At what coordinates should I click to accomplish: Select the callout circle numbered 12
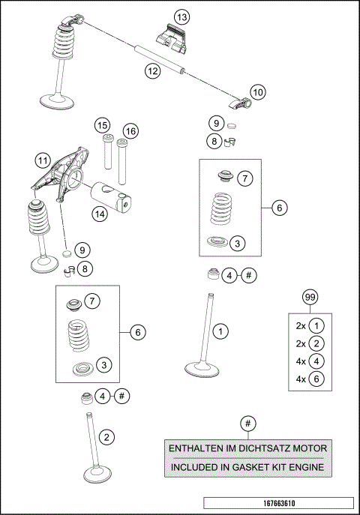[x=152, y=71]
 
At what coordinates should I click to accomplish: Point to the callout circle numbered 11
[x=43, y=160]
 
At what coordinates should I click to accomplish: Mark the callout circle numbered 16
[x=130, y=131]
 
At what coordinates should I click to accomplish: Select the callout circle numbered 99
[x=309, y=298]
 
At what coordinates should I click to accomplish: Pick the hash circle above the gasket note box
[x=247, y=424]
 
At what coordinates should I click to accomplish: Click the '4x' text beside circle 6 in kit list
[x=301, y=379]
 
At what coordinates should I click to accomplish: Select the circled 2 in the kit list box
[x=317, y=343]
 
